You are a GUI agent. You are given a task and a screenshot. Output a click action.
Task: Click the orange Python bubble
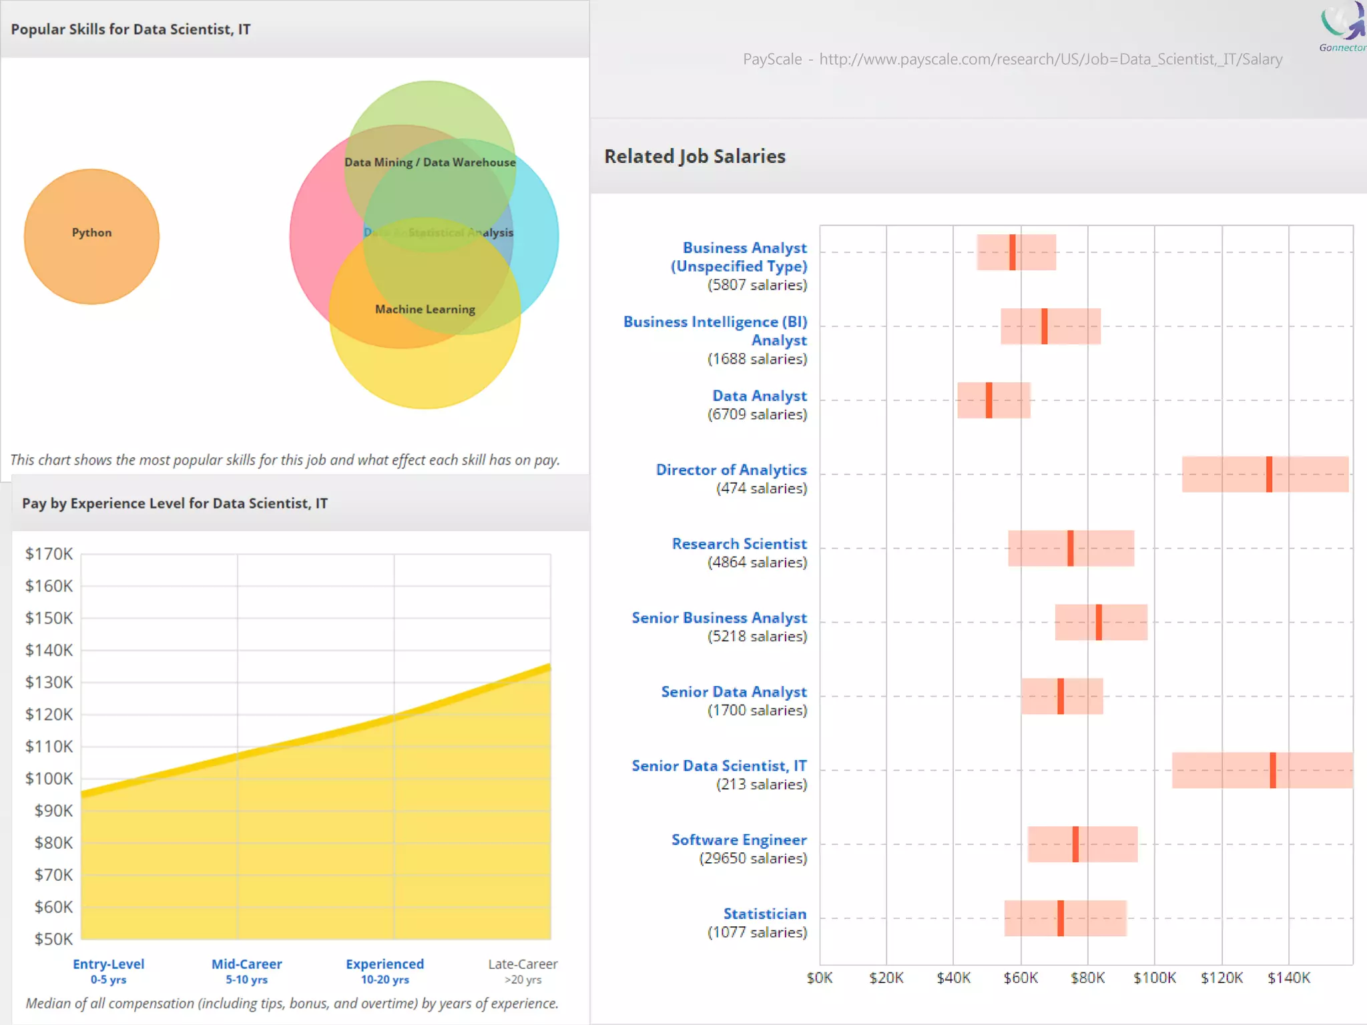91,236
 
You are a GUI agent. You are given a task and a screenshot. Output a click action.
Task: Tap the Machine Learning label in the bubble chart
425,309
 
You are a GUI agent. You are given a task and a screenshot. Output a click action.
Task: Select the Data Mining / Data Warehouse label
430,162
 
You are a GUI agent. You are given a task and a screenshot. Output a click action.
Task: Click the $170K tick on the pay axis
49,554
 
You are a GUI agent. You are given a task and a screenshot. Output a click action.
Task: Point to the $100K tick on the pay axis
49,778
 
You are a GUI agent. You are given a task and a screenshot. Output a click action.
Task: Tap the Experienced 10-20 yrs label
384,970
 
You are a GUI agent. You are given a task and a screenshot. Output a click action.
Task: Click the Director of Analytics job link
731,470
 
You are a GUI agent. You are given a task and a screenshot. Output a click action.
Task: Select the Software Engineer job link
739,839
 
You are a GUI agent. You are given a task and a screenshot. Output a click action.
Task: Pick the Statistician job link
765,914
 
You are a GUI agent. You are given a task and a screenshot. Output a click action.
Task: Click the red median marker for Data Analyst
989,400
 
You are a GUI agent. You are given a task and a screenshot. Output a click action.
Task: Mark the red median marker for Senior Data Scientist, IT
1273,770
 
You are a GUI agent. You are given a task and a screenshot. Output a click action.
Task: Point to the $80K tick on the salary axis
1087,978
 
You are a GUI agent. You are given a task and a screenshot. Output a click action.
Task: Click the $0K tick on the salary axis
820,978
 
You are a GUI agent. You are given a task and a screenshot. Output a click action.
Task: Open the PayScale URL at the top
1051,59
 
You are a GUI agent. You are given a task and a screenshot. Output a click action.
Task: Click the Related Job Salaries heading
695,156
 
